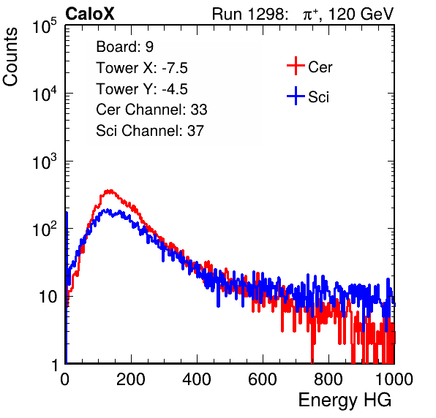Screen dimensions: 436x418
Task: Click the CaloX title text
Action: (90, 14)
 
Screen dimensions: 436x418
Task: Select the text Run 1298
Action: (248, 14)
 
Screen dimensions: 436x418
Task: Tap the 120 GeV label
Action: (361, 14)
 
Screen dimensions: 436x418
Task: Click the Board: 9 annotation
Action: (124, 47)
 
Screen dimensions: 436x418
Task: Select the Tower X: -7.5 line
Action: (142, 68)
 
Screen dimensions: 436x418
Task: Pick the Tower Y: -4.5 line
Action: (142, 89)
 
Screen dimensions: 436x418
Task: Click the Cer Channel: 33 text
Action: (151, 110)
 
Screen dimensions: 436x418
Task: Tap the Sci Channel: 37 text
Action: (150, 131)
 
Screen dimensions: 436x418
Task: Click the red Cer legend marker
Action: (296, 66)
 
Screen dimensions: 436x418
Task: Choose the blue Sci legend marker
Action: (296, 96)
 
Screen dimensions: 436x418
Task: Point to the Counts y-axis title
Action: (10, 57)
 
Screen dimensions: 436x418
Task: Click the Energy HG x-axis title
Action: (345, 400)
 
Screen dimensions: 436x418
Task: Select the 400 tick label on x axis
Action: (197, 379)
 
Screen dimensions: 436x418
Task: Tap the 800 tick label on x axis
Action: (328, 379)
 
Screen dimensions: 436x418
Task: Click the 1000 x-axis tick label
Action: (394, 379)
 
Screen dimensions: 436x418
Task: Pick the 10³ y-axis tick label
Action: (45, 161)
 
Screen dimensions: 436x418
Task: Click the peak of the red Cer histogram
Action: (110, 191)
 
